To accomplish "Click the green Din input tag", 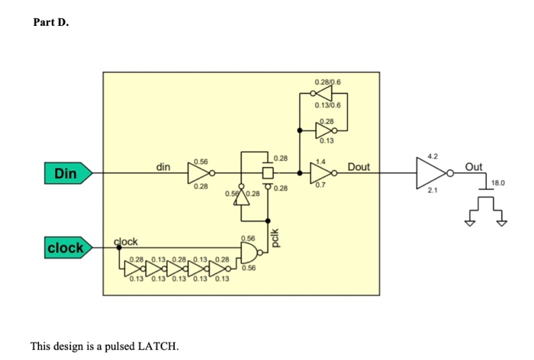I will click(x=67, y=174).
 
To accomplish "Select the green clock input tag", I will click(x=67, y=248).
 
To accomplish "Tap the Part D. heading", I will click(x=50, y=22).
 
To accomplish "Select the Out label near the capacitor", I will click(x=474, y=166).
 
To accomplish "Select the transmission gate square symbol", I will click(x=267, y=174).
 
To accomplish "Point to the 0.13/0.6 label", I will click(x=328, y=106).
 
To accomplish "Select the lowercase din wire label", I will click(x=163, y=166).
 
